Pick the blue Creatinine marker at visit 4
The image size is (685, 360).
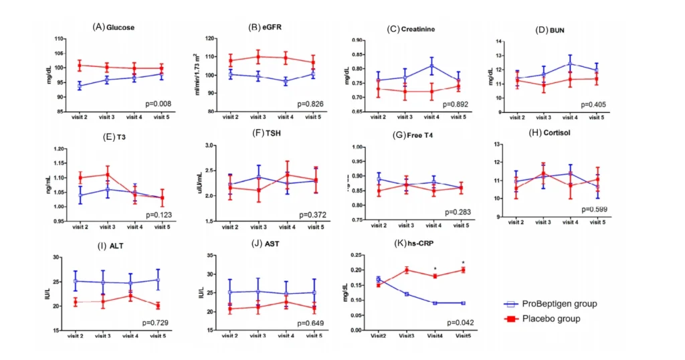[x=432, y=66]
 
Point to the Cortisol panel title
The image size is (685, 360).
[x=563, y=134]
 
